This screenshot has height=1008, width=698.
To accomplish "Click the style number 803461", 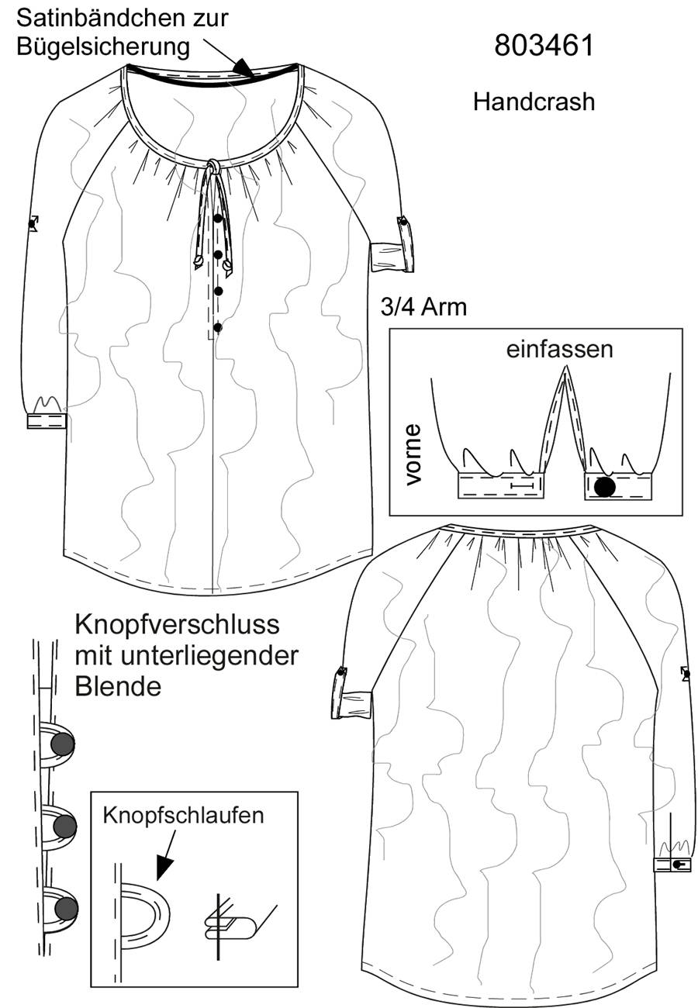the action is [544, 45].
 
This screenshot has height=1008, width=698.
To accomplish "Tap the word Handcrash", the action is [534, 102].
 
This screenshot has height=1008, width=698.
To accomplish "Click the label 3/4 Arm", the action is [423, 307].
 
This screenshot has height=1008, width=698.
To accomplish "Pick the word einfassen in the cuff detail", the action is [559, 349].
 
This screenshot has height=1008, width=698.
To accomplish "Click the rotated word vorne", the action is [413, 455].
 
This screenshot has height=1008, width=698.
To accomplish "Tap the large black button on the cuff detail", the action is [604, 486].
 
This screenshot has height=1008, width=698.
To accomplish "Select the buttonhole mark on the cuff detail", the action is [523, 485].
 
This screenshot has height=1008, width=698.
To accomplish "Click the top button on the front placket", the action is [218, 219].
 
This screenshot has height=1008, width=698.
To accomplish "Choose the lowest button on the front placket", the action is [218, 327].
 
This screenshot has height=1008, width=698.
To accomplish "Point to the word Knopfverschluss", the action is [177, 625].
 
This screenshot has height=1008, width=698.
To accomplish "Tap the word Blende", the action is [118, 686].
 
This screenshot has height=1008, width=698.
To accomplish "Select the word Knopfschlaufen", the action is [183, 815].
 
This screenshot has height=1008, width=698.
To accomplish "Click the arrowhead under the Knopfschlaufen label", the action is [164, 868].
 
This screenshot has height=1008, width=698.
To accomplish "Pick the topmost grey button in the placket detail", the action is [63, 744].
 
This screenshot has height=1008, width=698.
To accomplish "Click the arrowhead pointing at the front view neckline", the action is [244, 67].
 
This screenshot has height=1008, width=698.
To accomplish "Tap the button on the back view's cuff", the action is [676, 864].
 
